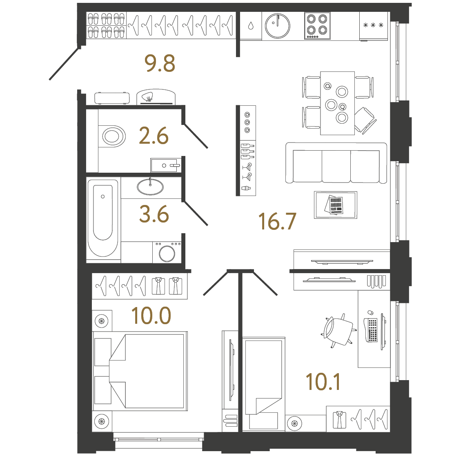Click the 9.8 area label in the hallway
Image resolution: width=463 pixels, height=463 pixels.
coord(160,64)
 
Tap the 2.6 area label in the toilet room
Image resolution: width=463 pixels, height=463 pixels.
coord(154,136)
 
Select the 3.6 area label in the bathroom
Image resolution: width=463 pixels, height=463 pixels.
coord(154,214)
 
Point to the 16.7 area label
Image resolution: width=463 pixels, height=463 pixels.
coord(277,222)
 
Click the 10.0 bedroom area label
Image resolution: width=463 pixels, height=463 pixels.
coord(151,316)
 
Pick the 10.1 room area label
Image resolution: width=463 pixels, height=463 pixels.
coord(323,382)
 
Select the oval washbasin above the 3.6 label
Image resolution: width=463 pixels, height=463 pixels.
coord(150,187)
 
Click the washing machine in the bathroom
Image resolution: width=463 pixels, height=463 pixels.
coord(167,252)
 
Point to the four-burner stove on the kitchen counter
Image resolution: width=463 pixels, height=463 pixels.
coord(317,26)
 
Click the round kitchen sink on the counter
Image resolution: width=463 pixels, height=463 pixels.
coord(278,26)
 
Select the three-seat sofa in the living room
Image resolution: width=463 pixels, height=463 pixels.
coord(336,163)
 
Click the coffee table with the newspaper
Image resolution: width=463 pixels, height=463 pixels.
coord(336,205)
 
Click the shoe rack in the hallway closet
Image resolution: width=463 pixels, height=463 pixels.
coord(106,25)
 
